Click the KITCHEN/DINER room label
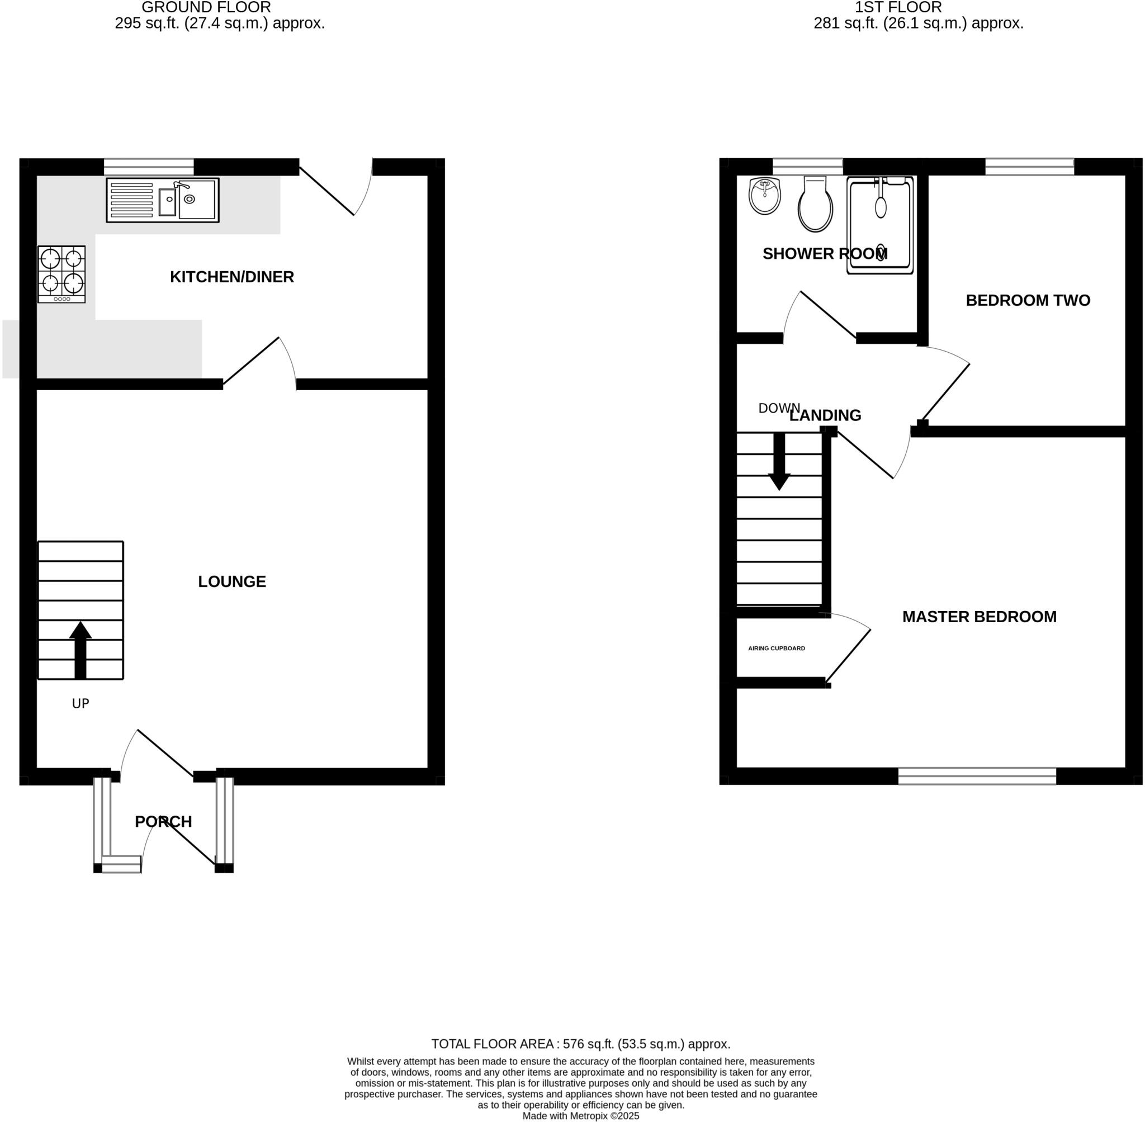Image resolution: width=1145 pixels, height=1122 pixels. [231, 277]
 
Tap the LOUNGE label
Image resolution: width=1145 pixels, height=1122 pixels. [231, 581]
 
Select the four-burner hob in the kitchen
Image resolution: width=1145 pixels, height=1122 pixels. [62, 274]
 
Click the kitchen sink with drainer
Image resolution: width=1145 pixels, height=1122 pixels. [163, 200]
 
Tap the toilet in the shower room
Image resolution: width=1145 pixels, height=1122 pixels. [815, 205]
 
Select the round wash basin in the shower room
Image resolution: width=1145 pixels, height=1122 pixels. [765, 196]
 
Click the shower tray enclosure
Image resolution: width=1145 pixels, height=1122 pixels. [880, 226]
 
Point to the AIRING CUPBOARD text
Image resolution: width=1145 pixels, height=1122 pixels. [776, 648]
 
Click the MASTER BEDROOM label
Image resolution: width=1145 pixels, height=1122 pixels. [980, 617]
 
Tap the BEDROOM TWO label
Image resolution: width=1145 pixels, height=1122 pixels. [1028, 301]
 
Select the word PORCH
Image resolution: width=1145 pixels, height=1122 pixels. [163, 821]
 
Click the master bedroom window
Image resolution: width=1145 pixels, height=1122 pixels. [977, 775]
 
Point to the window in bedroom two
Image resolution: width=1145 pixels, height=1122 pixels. [1029, 167]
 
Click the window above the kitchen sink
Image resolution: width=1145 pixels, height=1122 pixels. [149, 167]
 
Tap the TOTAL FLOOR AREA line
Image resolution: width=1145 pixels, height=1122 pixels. [580, 1044]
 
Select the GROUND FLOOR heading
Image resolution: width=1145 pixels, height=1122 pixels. [206, 8]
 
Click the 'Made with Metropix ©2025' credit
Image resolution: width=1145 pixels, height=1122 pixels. [580, 1115]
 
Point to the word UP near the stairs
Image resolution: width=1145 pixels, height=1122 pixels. [81, 704]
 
